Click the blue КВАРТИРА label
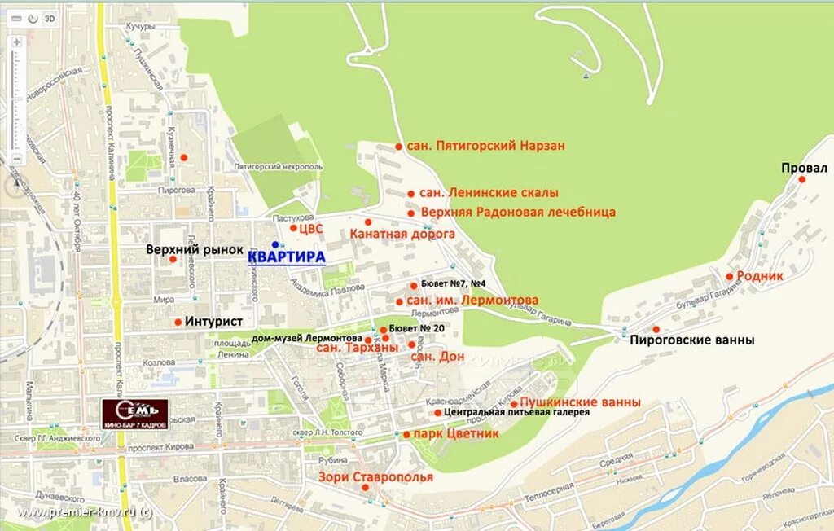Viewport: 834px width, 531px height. pyautogui.click(x=286, y=257)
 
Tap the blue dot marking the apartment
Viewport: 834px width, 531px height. pyautogui.click(x=275, y=244)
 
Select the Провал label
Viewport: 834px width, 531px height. pyautogui.click(x=804, y=168)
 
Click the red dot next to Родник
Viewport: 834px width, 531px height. pyautogui.click(x=730, y=277)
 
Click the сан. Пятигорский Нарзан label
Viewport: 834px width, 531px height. pyautogui.click(x=485, y=146)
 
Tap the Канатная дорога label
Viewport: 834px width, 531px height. pyautogui.click(x=402, y=234)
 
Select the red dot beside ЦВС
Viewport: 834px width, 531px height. pyautogui.click(x=293, y=228)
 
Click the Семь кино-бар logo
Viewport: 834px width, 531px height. pyautogui.click(x=134, y=413)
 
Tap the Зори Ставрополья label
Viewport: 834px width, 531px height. pyautogui.click(x=375, y=476)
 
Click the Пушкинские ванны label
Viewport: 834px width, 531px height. pyautogui.click(x=580, y=402)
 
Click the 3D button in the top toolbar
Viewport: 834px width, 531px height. pyautogui.click(x=50, y=17)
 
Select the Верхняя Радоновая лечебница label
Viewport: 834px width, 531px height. pyautogui.click(x=518, y=212)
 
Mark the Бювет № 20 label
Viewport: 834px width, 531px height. pyautogui.click(x=417, y=328)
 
